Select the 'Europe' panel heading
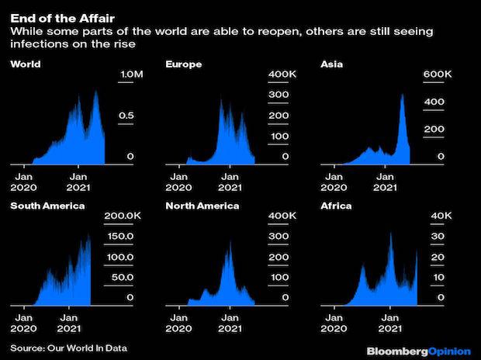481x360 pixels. [x=184, y=64]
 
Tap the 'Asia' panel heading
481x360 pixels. [x=332, y=64]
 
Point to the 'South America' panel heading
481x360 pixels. [x=47, y=206]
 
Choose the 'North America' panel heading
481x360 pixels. [x=202, y=206]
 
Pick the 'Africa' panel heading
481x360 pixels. [x=336, y=206]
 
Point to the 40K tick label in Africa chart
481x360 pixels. [x=437, y=216]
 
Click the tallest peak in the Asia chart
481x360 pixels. [x=402, y=95]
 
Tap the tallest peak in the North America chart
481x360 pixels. [x=230, y=242]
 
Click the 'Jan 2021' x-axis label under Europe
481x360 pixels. [x=229, y=181]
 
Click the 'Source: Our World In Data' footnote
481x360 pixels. [x=68, y=347]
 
